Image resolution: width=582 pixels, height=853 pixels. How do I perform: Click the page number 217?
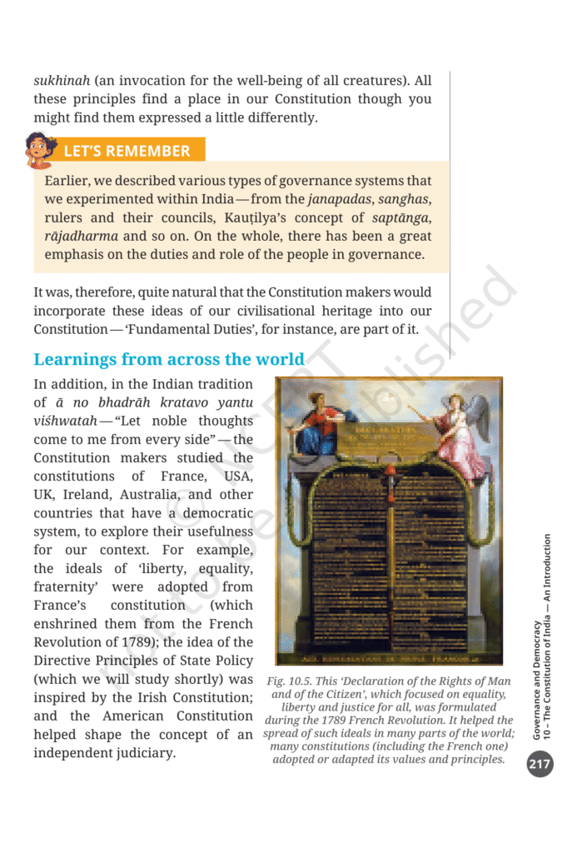540,765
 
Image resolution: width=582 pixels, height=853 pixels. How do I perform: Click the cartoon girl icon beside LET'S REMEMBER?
39,149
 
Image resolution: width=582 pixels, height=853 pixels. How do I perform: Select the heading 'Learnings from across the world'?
169,360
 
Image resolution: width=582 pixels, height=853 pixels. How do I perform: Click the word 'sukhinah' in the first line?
61,81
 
